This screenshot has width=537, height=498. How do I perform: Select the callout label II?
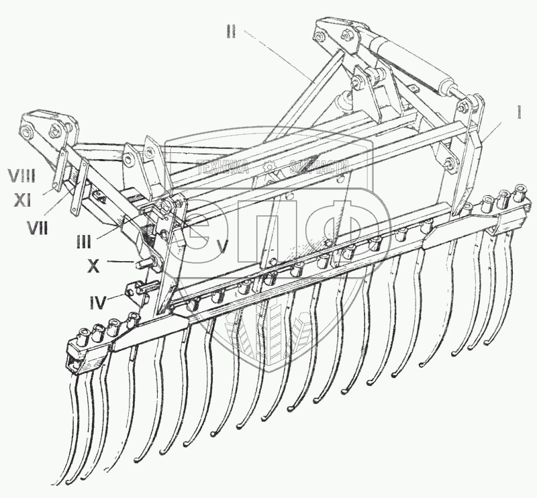230,32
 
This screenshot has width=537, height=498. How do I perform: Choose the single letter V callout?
223,246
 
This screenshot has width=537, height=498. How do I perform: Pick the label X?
94,266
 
